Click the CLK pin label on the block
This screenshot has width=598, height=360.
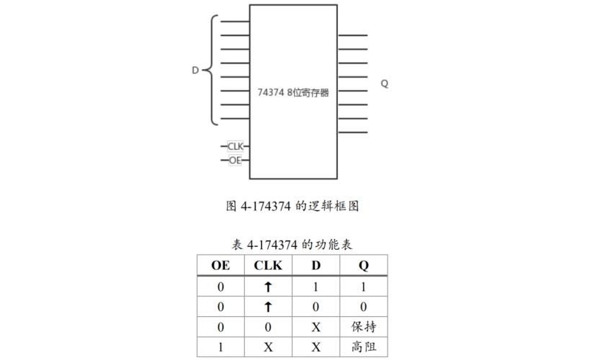tap(236, 146)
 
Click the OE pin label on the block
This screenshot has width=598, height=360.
tap(235, 161)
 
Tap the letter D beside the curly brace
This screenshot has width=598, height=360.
tap(195, 70)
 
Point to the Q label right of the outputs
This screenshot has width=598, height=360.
tap(385, 84)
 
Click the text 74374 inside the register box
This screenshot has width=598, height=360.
tap(270, 93)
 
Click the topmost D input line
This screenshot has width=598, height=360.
tap(235, 22)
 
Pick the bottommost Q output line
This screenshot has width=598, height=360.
tap(353, 132)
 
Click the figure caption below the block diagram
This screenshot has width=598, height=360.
tap(293, 206)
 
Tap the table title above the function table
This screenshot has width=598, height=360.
tap(292, 244)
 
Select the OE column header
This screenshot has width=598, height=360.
tap(220, 265)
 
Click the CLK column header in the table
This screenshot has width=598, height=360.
tap(268, 265)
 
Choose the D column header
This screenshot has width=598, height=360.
tap(316, 265)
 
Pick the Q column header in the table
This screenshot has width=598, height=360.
tap(363, 266)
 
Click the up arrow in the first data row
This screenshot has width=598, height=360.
tap(268, 287)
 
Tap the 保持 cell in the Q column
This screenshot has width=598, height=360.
tap(364, 326)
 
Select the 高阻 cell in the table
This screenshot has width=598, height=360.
tap(364, 346)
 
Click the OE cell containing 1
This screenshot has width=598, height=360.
tap(220, 347)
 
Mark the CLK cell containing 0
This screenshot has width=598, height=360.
tap(268, 327)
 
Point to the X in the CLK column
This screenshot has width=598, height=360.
tap(268, 347)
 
